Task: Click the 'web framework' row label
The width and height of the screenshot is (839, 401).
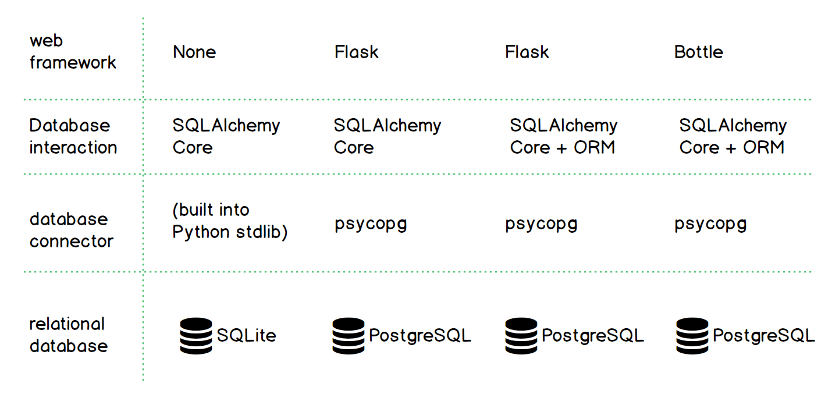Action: click(x=73, y=52)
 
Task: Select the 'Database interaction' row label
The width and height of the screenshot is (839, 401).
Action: click(x=73, y=136)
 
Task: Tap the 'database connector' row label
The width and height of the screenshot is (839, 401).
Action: click(x=71, y=230)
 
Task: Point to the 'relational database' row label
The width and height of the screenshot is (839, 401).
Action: click(x=68, y=335)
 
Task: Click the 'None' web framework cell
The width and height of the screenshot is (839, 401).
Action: click(x=194, y=52)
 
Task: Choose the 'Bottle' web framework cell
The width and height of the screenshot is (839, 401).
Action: click(x=698, y=52)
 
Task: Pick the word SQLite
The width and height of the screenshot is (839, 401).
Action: click(x=246, y=335)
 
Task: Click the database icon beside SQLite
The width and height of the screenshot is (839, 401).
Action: click(x=195, y=336)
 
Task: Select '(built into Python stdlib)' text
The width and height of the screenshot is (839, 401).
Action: click(x=230, y=221)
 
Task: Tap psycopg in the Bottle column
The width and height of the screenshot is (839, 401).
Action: click(x=710, y=224)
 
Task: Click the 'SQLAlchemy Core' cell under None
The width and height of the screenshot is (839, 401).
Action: click(x=226, y=136)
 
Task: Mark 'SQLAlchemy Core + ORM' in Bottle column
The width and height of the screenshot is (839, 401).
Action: click(x=733, y=136)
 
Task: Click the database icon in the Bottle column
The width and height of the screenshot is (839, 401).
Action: click(x=692, y=336)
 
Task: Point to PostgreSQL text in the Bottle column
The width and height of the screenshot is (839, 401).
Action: click(x=763, y=335)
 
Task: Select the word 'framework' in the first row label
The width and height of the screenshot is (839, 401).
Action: click(x=73, y=62)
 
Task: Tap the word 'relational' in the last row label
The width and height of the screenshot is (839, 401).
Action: click(x=67, y=324)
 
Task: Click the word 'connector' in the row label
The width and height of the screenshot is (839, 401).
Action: click(x=71, y=241)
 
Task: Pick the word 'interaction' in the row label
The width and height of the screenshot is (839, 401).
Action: click(x=73, y=147)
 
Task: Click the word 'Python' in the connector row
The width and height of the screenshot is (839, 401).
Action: click(x=201, y=232)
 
